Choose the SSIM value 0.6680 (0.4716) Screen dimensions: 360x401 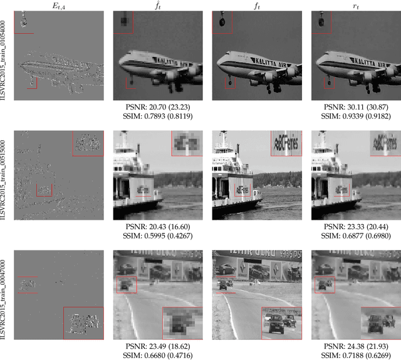[x=156, y=356]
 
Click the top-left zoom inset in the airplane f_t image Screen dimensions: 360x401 [x=222, y=22]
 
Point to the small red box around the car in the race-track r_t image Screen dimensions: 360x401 [x=324, y=285]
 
